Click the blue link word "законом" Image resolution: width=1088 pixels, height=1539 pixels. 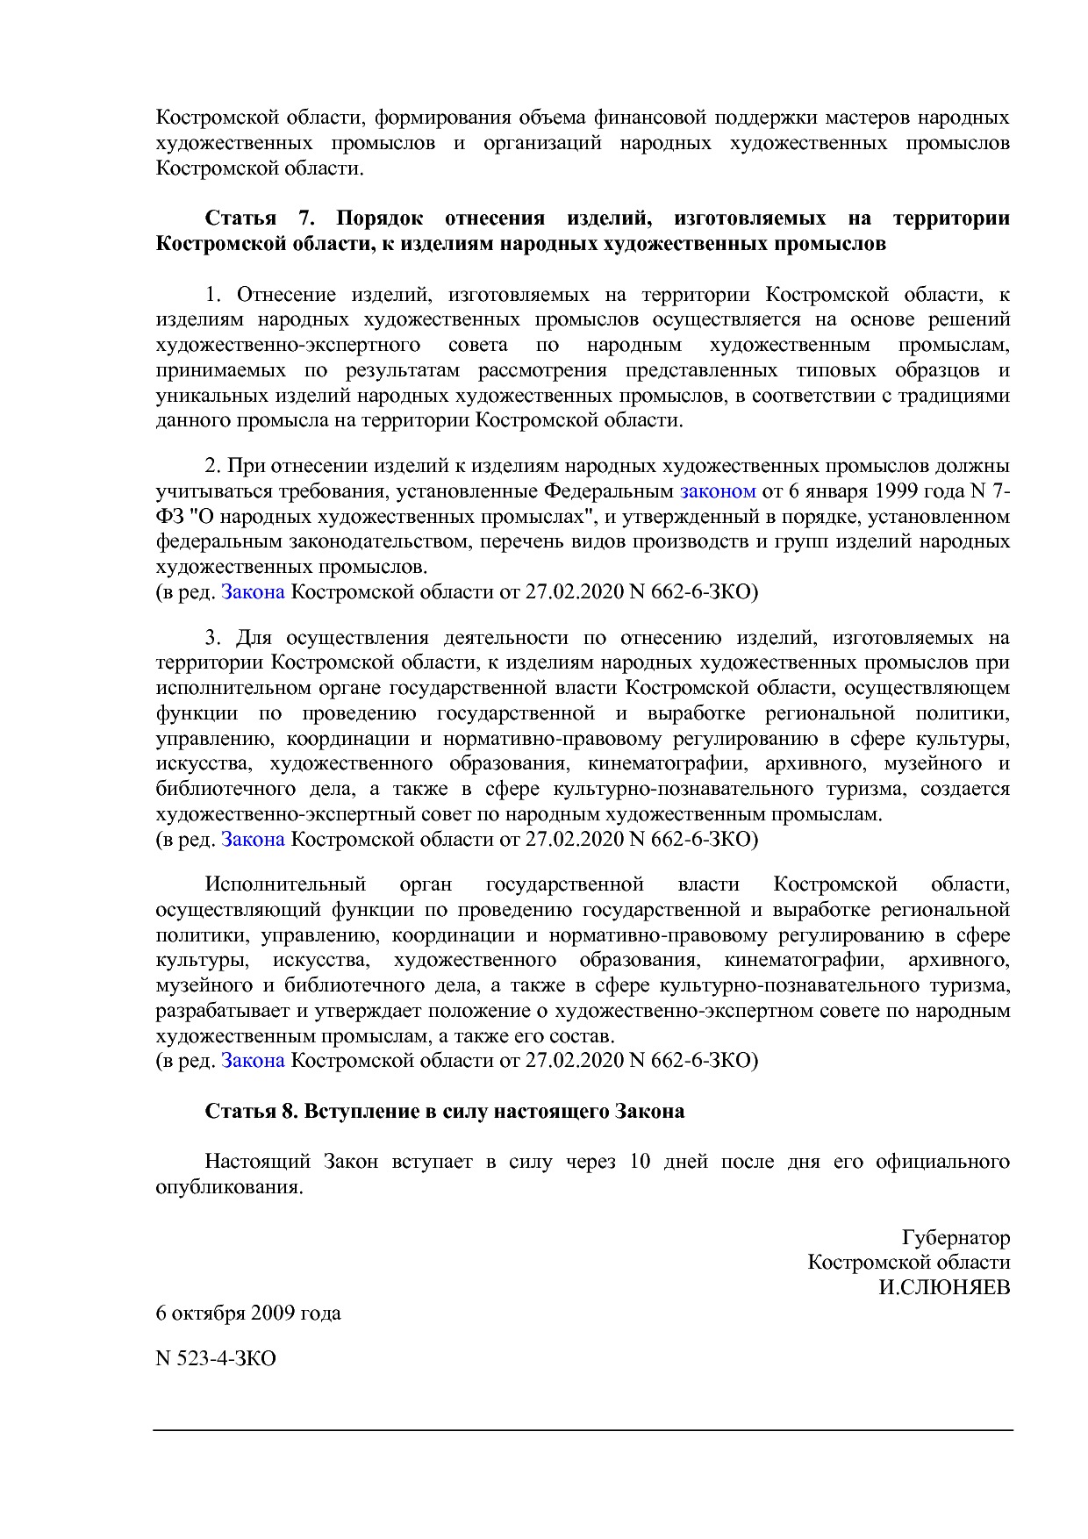(717, 490)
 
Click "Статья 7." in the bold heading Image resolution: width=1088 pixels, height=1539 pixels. (259, 218)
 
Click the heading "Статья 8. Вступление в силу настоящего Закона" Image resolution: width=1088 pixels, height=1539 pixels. (444, 1111)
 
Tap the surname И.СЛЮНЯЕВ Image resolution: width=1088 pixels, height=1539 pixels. (944, 1287)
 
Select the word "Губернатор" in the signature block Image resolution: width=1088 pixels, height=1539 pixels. (956, 1237)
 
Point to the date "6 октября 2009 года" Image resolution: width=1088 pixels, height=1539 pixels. (248, 1314)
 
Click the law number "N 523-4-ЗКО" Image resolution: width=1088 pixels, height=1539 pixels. (216, 1358)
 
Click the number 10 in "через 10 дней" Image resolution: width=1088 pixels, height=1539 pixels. (640, 1162)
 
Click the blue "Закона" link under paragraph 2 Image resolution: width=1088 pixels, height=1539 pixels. (253, 591)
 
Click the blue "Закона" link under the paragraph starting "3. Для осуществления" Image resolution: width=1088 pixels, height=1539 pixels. (253, 839)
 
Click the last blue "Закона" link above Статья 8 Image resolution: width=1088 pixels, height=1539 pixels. (253, 1060)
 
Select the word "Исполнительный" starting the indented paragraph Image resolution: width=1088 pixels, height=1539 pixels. (284, 884)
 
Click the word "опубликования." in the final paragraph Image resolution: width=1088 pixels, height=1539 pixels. (229, 1187)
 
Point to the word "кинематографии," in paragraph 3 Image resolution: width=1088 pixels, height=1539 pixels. (667, 763)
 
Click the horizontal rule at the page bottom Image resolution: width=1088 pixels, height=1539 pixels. (583, 1430)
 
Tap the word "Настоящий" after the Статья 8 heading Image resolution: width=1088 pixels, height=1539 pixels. (257, 1162)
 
